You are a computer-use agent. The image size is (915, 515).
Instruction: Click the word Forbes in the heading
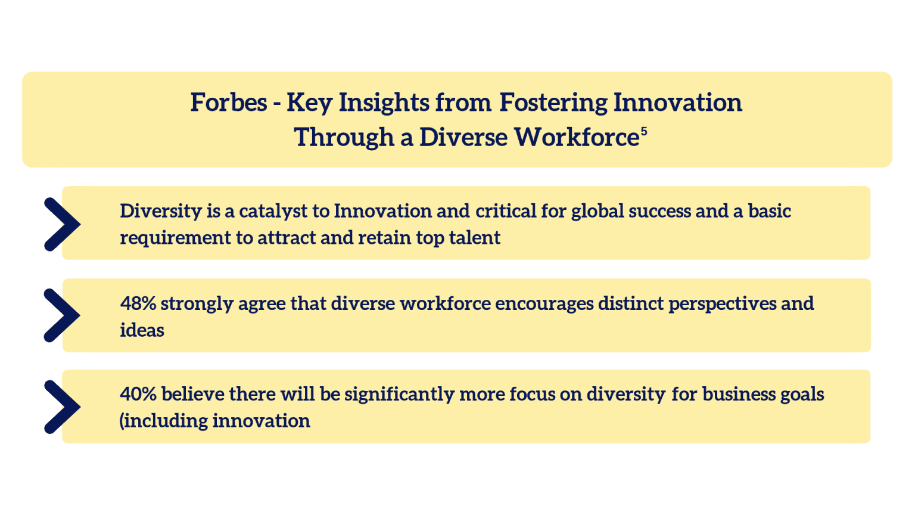(229, 103)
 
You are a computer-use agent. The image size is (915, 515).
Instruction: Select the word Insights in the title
(384, 103)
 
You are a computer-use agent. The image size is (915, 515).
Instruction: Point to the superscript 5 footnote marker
(644, 131)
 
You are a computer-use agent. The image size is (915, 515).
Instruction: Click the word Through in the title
(344, 138)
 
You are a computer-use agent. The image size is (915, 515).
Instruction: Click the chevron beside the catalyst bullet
(62, 224)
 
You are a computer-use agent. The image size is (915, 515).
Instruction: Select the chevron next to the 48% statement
(62, 315)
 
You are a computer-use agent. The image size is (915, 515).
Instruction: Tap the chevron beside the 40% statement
(62, 407)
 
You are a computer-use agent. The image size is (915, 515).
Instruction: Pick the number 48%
(138, 303)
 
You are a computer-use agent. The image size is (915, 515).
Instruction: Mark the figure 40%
(138, 394)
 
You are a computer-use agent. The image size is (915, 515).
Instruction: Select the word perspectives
(722, 304)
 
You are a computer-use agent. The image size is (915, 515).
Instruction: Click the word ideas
(142, 330)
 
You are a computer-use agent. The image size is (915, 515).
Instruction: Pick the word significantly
(399, 395)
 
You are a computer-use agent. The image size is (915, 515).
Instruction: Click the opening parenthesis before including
(122, 421)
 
